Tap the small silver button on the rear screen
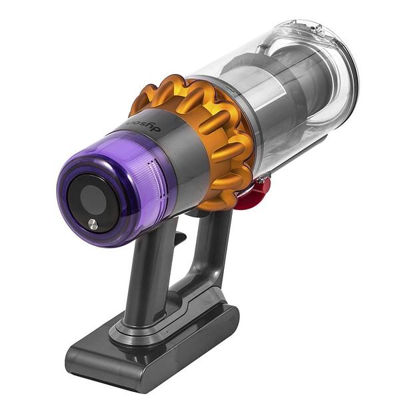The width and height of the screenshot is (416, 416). pyautogui.click(x=93, y=225)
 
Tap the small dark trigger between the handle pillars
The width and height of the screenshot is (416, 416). pyautogui.click(x=179, y=236)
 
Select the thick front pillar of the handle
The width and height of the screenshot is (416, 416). pyautogui.click(x=150, y=273)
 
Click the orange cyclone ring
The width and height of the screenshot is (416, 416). pyautogui.click(x=200, y=133)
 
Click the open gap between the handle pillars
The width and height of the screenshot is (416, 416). pyautogui.click(x=183, y=267)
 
